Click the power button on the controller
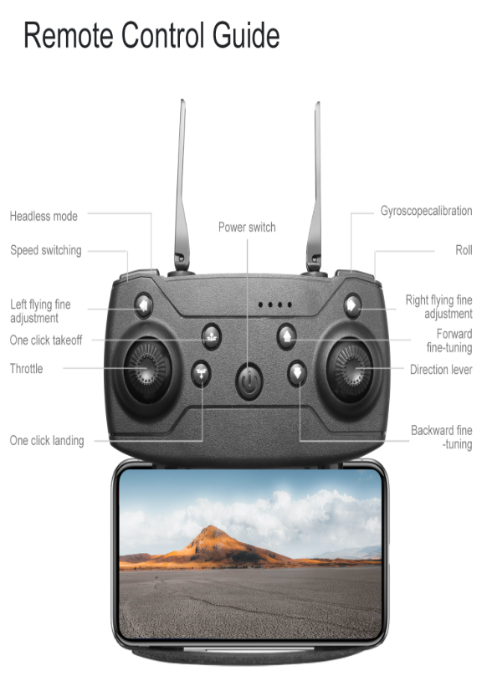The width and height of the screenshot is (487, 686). tap(249, 381)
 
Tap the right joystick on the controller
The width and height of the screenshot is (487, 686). tap(350, 370)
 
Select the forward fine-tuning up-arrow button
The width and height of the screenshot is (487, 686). tap(287, 336)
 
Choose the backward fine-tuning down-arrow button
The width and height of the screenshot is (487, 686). tap(297, 373)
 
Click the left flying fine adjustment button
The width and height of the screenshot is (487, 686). tap(144, 305)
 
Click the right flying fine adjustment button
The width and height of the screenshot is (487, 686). tap(352, 305)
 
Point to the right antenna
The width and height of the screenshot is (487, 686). tap(315, 187)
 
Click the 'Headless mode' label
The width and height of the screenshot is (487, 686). tap(44, 216)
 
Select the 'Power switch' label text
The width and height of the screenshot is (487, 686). tap(247, 227)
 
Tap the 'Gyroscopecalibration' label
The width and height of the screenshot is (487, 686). tap(426, 211)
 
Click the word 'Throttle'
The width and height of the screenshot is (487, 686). tap(26, 368)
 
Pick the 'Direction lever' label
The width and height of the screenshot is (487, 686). tap(441, 370)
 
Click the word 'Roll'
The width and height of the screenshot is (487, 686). tap(464, 250)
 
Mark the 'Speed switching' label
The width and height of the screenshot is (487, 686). tap(46, 250)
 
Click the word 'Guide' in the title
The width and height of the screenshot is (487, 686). tap(246, 35)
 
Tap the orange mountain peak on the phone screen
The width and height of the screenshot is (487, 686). tap(212, 530)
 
